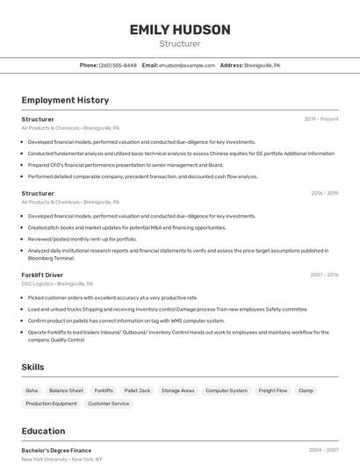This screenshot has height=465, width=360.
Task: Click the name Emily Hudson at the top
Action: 180,30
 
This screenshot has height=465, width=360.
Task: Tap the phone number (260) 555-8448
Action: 118,65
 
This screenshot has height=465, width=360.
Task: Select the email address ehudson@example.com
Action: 187,65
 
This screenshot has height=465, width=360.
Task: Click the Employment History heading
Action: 65,100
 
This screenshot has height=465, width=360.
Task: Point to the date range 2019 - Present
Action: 321,119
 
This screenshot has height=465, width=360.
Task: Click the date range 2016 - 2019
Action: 325,193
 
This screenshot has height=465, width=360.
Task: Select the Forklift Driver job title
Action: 42,275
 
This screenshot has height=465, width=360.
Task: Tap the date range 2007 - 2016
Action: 324,275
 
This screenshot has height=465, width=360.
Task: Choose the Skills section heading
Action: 33,367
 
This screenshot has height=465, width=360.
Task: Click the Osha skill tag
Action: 32,390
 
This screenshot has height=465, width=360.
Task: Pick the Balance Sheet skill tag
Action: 66,390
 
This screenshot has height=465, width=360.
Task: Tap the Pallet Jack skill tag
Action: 137,390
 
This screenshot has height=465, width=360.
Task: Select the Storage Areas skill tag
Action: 177,390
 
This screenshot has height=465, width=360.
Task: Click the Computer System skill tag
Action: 227,390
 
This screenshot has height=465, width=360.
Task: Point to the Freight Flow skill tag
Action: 273,390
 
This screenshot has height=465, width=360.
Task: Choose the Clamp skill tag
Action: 306,390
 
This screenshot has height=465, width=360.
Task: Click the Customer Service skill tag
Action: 108,404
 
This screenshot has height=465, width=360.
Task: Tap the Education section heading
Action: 43,431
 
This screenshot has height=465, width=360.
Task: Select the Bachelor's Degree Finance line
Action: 56,450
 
